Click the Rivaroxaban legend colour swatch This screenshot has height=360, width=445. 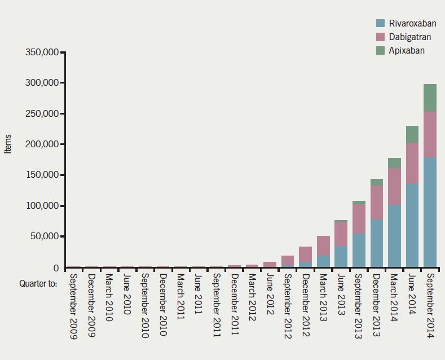pyautogui.click(x=381, y=23)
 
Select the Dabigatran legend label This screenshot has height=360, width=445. pyautogui.click(x=407, y=37)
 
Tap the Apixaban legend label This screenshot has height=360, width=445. pyautogui.click(x=406, y=50)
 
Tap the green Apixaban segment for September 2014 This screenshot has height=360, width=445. pyautogui.click(x=430, y=98)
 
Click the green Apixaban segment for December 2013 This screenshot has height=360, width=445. pyautogui.click(x=376, y=182)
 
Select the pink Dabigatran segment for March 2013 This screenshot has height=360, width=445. pyautogui.click(x=323, y=246)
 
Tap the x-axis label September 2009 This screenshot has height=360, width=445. pyautogui.click(x=74, y=305)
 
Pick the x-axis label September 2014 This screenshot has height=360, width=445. pyautogui.click(x=430, y=305)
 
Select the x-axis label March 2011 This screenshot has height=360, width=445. pyautogui.click(x=180, y=297)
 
